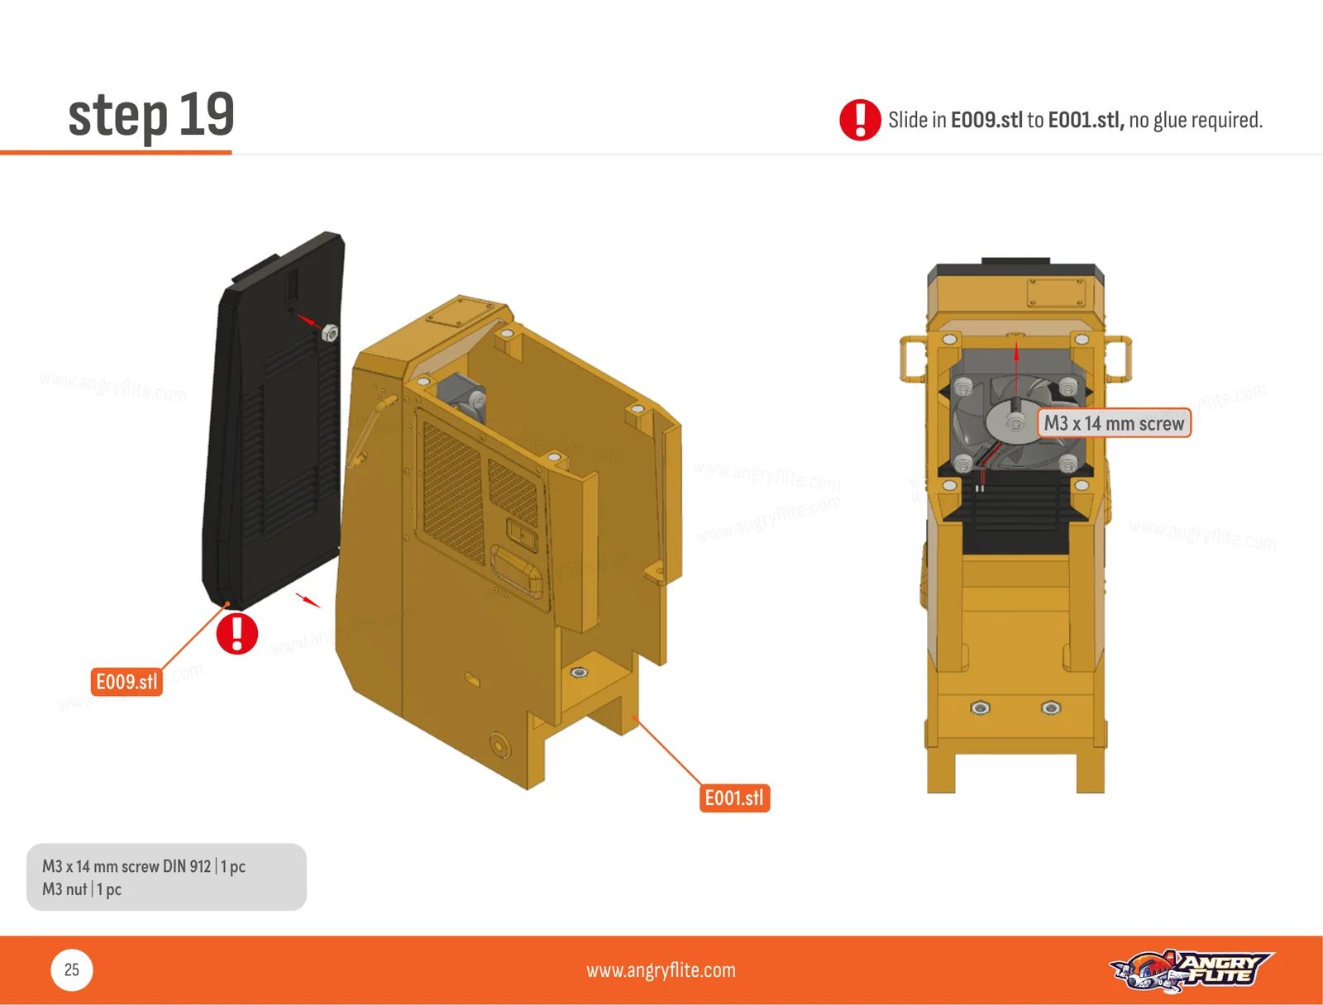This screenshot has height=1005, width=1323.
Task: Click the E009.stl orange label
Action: click(x=127, y=682)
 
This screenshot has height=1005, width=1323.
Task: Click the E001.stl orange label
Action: click(x=734, y=798)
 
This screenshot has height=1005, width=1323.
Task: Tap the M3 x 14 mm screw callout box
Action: click(x=1114, y=422)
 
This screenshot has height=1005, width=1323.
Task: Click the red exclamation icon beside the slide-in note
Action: click(x=860, y=120)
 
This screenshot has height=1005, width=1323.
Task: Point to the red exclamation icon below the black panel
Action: click(x=236, y=633)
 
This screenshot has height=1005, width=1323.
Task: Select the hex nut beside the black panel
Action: click(x=330, y=332)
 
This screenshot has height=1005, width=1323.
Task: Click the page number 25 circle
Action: click(x=72, y=969)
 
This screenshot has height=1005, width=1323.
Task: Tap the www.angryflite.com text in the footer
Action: click(x=661, y=970)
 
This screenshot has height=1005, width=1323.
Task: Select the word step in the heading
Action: click(x=117, y=117)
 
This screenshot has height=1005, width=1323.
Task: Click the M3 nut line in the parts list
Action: click(x=81, y=889)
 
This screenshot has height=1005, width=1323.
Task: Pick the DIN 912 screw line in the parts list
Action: click(x=143, y=866)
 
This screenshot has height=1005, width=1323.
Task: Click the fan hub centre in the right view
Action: click(x=1015, y=424)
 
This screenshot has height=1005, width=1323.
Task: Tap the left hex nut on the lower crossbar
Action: click(x=980, y=707)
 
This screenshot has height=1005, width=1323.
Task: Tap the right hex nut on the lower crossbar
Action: click(x=1051, y=707)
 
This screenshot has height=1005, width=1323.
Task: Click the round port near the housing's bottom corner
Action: click(x=499, y=745)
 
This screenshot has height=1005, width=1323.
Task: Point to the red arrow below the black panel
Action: click(x=308, y=600)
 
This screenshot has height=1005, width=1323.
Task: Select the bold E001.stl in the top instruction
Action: click(x=1087, y=120)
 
